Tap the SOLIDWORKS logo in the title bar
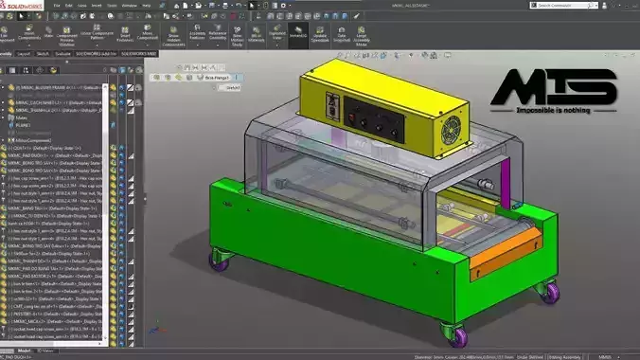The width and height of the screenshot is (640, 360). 23,5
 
